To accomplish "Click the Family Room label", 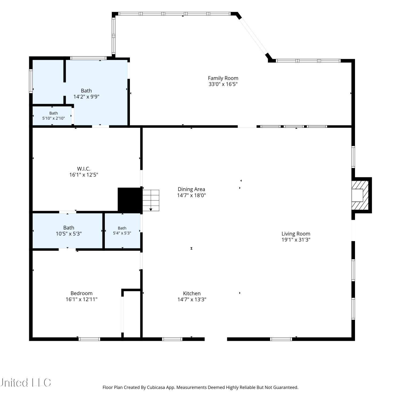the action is [x=223, y=78].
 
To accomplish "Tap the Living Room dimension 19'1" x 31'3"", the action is [x=296, y=240].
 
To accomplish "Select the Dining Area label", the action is [x=191, y=189].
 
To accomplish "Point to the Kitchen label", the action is [x=192, y=293].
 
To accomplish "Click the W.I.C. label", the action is [x=84, y=169].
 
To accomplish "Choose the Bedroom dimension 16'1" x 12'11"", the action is [x=82, y=299].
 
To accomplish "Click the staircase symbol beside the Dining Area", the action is [x=151, y=200].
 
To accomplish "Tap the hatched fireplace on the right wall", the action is [x=360, y=195].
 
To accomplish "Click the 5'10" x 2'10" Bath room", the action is [x=52, y=116].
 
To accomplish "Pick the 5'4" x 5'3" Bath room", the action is [x=122, y=231].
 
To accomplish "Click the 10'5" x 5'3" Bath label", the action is [x=69, y=228].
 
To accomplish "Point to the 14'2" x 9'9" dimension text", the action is [x=86, y=97].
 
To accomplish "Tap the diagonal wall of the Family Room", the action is [x=253, y=36].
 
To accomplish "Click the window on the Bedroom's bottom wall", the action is [x=89, y=339].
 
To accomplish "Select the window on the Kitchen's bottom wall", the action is [x=172, y=339].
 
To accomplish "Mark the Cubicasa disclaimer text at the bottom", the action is [x=200, y=387].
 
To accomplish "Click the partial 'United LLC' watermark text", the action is [x=25, y=383].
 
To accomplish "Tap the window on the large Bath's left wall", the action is [x=31, y=81].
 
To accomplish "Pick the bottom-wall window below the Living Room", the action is [x=281, y=339].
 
